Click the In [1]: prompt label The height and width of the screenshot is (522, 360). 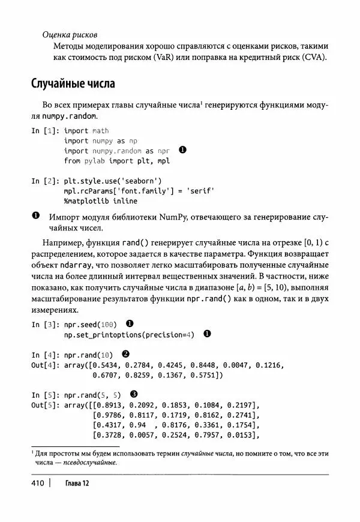click(44, 130)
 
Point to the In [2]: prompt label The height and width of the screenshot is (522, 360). click(44, 180)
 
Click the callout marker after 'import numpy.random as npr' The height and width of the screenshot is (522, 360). click(183, 151)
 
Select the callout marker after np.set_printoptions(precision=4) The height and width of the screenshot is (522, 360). click(208, 334)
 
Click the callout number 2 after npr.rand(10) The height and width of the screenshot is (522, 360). click(125, 354)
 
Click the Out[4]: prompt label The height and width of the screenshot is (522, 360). click(46, 365)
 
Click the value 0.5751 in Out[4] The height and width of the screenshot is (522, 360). click(205, 375)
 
